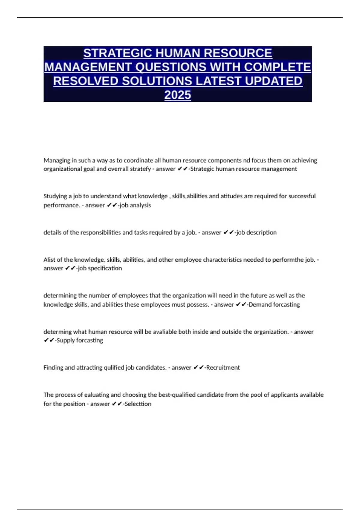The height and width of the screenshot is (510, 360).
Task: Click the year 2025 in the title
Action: click(x=178, y=95)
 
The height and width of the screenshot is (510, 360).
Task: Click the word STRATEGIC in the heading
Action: click(x=117, y=53)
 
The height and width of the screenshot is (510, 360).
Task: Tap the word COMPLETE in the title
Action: click(x=277, y=67)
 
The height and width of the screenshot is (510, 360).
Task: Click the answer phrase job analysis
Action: click(x=135, y=205)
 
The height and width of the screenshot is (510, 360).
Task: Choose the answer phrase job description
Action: click(x=256, y=232)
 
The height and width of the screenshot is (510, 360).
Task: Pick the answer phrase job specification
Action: click(x=100, y=268)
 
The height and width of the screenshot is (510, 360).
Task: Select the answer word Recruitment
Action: click(x=223, y=367)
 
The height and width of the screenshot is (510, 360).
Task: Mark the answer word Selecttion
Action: click(x=138, y=404)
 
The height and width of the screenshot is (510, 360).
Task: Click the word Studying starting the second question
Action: click(x=55, y=196)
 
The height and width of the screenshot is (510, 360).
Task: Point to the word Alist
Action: click(x=49, y=260)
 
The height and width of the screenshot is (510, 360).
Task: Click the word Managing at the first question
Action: click(x=56, y=160)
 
